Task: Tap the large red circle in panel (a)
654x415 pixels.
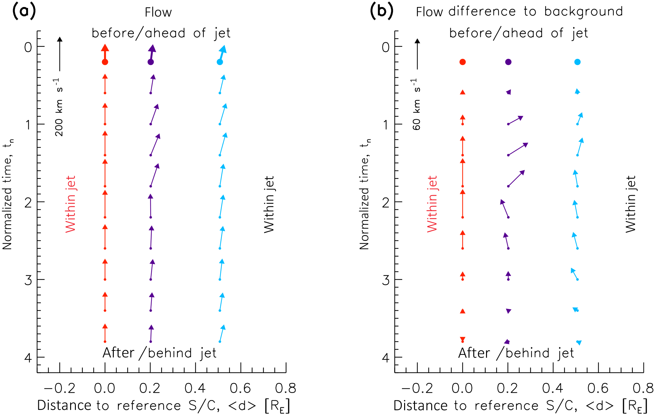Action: click(105, 62)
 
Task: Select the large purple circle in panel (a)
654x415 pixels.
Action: click(151, 62)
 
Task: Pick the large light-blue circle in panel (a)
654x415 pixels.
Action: click(220, 62)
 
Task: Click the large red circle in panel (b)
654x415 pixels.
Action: click(463, 62)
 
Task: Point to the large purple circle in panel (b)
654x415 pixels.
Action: click(508, 62)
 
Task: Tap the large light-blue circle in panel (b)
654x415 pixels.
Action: click(578, 62)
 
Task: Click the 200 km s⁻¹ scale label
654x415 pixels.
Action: click(59, 107)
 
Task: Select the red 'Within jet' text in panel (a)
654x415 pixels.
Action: click(70, 204)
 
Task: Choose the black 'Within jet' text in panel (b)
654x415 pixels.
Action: click(630, 204)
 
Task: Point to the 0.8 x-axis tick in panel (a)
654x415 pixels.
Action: click(286, 388)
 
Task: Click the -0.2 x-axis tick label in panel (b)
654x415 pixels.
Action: click(417, 388)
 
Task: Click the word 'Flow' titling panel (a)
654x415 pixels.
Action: click(158, 12)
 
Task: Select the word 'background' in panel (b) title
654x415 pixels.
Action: click(583, 12)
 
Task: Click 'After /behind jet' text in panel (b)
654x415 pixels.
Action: click(516, 353)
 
